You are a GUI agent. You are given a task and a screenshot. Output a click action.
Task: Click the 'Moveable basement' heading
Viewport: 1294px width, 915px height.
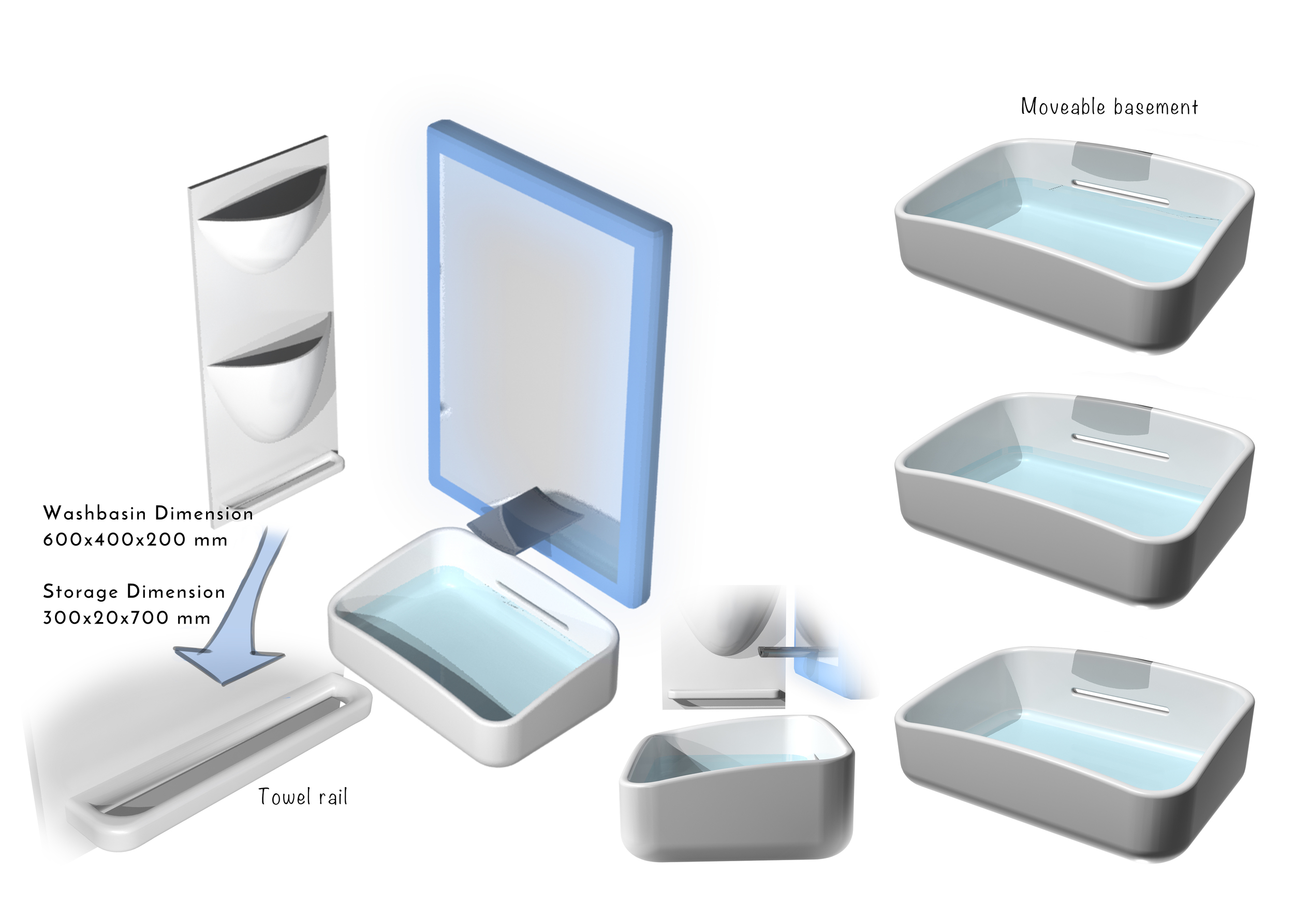click(x=1109, y=107)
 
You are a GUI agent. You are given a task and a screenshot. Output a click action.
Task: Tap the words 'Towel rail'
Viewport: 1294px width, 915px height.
click(x=303, y=796)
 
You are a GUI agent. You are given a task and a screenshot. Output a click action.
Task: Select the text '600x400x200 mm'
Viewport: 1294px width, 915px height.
click(x=135, y=540)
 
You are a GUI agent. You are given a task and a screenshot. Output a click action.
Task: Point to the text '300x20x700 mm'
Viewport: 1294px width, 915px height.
click(x=127, y=618)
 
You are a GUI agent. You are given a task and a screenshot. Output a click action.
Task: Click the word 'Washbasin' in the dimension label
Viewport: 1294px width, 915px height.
click(x=95, y=513)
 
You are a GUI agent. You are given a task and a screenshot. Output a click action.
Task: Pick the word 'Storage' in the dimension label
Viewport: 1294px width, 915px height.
click(x=81, y=592)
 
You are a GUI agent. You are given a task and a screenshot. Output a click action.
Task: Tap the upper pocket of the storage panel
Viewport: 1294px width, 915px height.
click(x=265, y=225)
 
